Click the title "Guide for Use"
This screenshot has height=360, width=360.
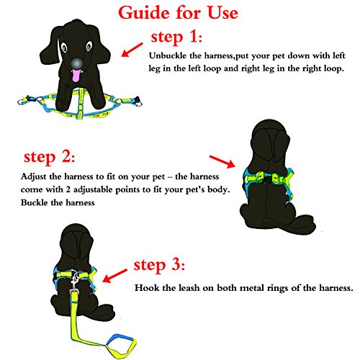click(x=178, y=13)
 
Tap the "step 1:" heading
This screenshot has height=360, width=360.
click(x=176, y=37)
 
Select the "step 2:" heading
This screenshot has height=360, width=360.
click(x=49, y=157)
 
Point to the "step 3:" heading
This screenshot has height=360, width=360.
click(x=159, y=265)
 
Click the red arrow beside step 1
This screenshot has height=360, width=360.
click(x=132, y=50)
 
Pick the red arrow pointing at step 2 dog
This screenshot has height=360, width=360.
click(x=222, y=161)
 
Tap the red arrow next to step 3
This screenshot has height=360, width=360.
click(x=114, y=276)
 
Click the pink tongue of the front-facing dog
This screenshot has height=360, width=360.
click(x=76, y=76)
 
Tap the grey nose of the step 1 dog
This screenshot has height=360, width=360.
click(x=76, y=63)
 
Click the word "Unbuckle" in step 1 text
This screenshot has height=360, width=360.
click(x=168, y=55)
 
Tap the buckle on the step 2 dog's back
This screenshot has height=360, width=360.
click(x=267, y=179)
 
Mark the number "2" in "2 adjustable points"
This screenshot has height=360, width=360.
click(x=68, y=189)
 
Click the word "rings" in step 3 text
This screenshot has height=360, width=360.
click(x=276, y=288)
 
